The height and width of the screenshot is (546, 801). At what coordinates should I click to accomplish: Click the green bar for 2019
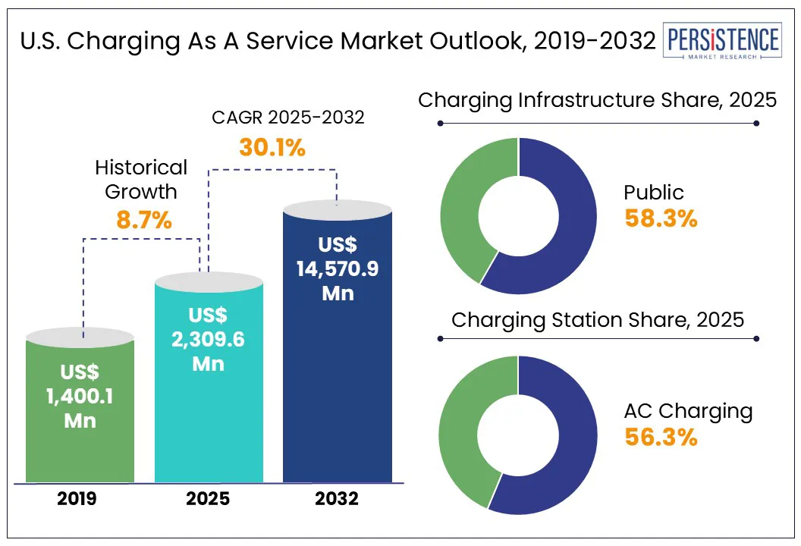pos(80,447)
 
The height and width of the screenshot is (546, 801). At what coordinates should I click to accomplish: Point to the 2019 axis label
pos(80,499)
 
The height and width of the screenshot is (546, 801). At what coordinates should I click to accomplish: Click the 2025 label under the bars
pos(208,499)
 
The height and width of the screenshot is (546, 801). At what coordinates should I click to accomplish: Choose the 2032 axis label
pos(337,499)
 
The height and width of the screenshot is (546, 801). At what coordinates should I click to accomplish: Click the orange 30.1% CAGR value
pos(272,147)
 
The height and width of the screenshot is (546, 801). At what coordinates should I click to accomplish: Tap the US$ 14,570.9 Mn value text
pos(338,269)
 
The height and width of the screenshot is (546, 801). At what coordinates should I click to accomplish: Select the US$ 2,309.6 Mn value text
pos(208,339)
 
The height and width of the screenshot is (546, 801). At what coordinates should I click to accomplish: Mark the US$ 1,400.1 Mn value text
pos(80,396)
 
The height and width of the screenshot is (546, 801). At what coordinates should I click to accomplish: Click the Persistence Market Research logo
pos(721,42)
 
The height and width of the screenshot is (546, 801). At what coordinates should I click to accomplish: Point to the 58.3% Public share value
pos(661,218)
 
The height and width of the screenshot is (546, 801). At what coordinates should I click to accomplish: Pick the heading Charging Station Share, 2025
pos(598,319)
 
